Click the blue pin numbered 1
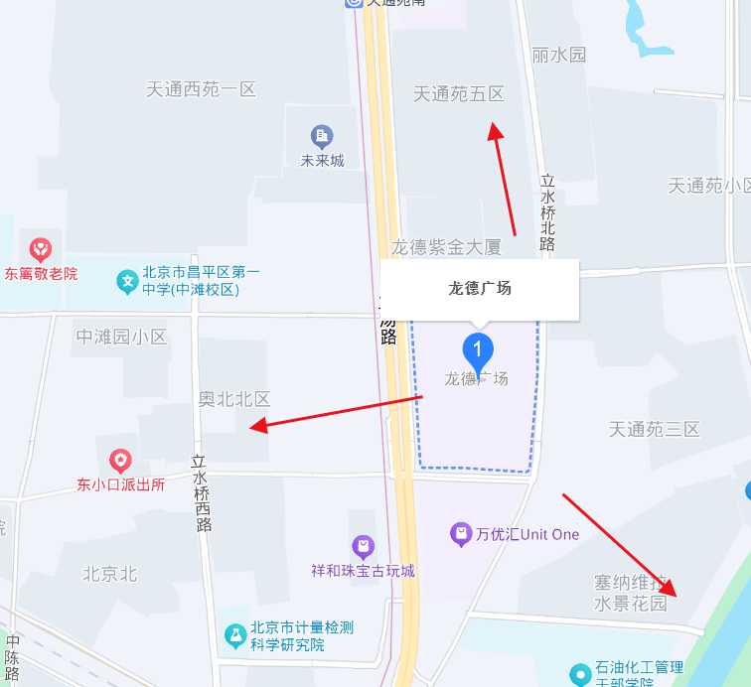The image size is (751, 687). point(478,350)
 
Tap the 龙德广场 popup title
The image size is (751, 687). point(479,289)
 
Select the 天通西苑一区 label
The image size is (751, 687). point(202,89)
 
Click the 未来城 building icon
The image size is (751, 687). point(322,135)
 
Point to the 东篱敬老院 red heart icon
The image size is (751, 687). point(41,248)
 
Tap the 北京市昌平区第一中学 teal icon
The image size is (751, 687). point(128,281)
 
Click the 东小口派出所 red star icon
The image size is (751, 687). point(119,461)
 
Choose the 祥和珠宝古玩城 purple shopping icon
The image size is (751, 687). point(363,546)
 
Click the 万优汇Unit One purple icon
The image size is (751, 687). point(461,534)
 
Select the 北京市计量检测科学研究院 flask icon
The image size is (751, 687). point(235,634)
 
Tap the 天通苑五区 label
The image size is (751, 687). point(459,94)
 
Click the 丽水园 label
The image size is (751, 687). point(559,55)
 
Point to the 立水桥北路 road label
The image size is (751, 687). point(547,212)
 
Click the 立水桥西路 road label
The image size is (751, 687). point(202,493)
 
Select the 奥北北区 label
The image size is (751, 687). point(234,399)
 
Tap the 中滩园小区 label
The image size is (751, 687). point(121,337)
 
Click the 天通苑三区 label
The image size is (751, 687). point(655,429)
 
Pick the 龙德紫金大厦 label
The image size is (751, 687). point(446,246)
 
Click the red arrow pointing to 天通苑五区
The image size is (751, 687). point(503,179)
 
